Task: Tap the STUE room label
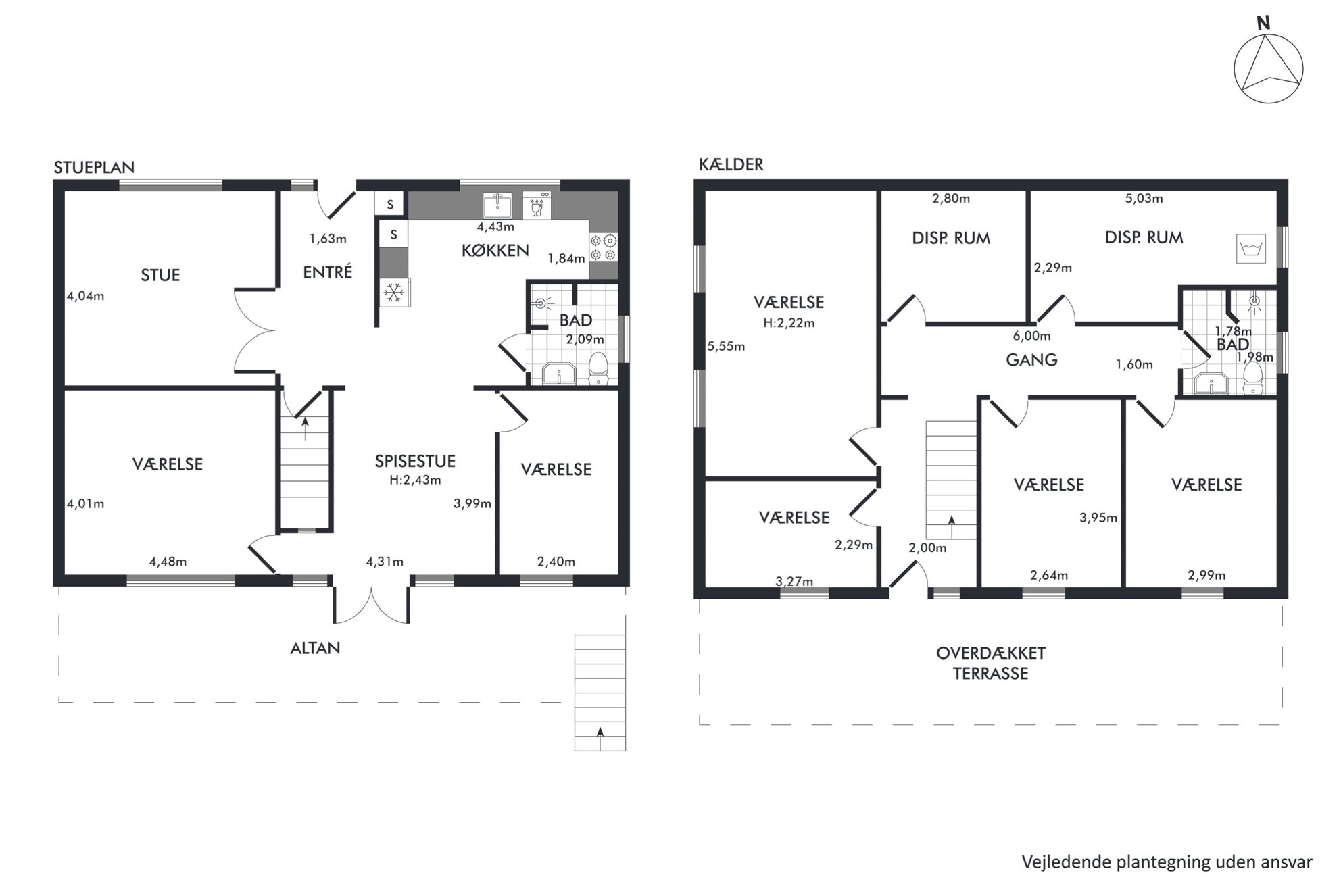160,275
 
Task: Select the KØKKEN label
495,251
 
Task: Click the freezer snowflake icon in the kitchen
393,293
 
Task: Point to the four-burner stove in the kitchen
604,247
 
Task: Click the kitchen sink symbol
497,205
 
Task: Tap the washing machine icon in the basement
1250,249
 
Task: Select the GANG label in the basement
1031,359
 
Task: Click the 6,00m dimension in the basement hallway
1031,336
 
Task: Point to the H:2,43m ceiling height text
415,480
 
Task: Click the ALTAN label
315,648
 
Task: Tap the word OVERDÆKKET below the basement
991,653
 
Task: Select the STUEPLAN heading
94,168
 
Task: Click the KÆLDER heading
731,164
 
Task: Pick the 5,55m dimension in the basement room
726,347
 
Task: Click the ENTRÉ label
328,272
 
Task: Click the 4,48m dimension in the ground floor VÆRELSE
168,562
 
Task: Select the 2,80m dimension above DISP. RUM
951,199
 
